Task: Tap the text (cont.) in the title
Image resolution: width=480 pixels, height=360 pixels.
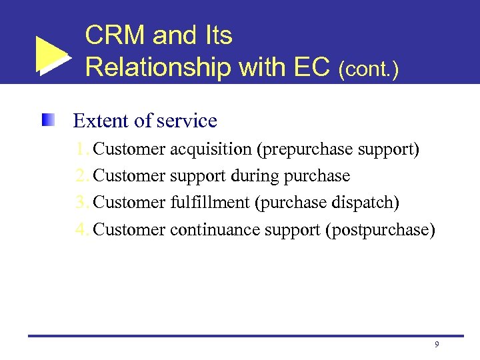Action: tap(369, 69)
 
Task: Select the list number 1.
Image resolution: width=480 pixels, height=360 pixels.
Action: tap(81, 149)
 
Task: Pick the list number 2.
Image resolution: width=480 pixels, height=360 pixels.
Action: tap(81, 176)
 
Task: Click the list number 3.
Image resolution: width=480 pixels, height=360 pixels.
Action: tap(81, 203)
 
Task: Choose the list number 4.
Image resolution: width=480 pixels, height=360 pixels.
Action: tap(81, 229)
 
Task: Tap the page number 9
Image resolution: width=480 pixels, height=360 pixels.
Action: tap(436, 344)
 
